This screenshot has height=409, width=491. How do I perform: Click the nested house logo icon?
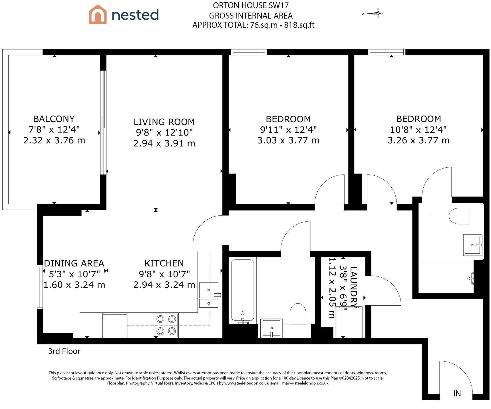tap(98, 14)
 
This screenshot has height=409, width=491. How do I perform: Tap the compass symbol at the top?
tap(373, 13)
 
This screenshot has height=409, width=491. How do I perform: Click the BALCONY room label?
tap(54, 119)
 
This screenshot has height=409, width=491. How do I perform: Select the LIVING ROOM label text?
tap(164, 122)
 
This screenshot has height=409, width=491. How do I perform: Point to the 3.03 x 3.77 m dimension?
tap(288, 141)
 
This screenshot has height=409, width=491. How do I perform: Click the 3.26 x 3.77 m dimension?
tap(418, 141)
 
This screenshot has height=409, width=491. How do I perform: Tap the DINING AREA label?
tap(74, 263)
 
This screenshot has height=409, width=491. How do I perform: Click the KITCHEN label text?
tap(164, 263)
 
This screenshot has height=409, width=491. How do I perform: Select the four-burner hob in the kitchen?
tap(166, 325)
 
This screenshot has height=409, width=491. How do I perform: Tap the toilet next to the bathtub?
tap(298, 314)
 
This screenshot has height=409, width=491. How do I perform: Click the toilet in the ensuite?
tap(459, 216)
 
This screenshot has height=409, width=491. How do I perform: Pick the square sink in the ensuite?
tap(473, 245)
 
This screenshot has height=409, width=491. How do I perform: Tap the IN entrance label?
tap(457, 394)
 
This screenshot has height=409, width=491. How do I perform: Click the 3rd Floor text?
tap(64, 351)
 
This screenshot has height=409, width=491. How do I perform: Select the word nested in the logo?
tap(135, 15)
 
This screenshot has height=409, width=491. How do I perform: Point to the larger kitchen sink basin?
tap(209, 290)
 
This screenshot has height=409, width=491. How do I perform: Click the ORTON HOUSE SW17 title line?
tap(251, 5)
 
